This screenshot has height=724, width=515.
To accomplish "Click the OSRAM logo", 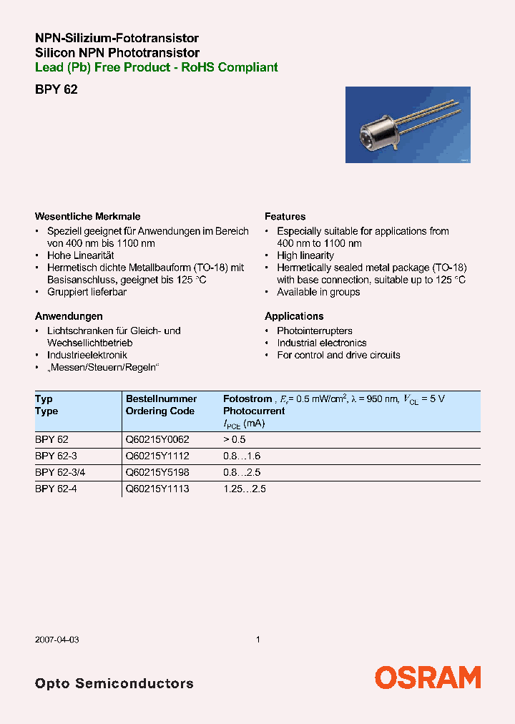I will click(x=428, y=677).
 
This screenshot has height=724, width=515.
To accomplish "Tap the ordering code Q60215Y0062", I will click(x=157, y=440).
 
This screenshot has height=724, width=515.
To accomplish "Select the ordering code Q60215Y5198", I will click(x=157, y=472).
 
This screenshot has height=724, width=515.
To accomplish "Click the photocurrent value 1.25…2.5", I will click(x=245, y=489).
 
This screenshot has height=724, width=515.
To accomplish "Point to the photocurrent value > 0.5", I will click(x=234, y=440).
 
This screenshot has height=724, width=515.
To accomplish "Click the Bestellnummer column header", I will click(x=161, y=398).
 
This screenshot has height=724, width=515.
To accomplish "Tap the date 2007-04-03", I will click(x=57, y=639).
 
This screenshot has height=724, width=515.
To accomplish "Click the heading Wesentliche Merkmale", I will click(x=88, y=216).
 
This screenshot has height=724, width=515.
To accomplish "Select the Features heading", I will click(x=285, y=216).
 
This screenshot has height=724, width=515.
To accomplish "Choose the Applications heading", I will click(x=294, y=315).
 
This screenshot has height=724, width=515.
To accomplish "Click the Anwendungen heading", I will click(x=69, y=315).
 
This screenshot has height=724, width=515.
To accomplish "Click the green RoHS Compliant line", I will click(x=157, y=67).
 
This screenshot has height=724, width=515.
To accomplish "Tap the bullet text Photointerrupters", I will click(x=315, y=331).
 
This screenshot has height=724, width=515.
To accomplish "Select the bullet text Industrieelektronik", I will click(x=87, y=355).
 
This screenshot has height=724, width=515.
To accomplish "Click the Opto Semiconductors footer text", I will click(x=114, y=683).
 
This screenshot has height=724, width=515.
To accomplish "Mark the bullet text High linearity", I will click(x=305, y=255).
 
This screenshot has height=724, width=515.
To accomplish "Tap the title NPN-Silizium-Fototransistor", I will click(x=117, y=38).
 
